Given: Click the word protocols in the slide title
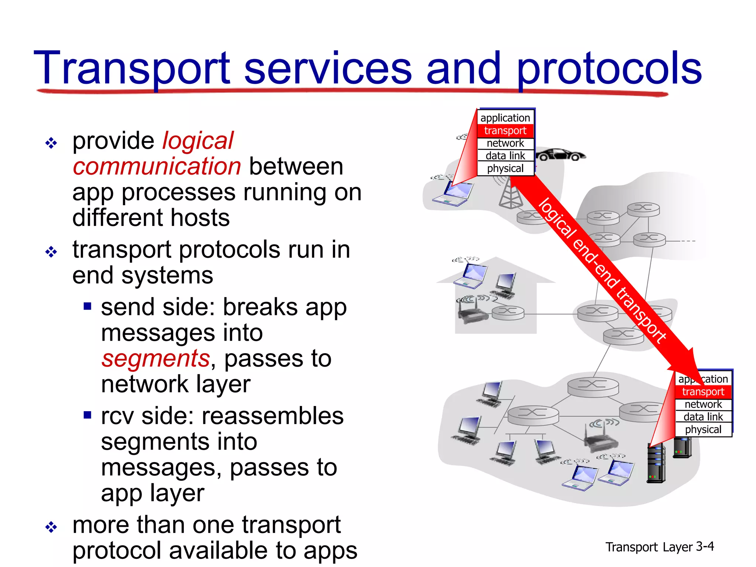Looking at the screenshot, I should [609, 68].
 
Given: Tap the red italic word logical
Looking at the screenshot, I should [198, 141].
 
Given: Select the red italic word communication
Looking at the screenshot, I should [157, 166].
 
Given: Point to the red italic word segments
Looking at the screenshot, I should [155, 358].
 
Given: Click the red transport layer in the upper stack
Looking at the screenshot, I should [505, 131].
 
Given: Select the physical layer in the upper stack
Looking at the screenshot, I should [505, 169].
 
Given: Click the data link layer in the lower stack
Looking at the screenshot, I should [703, 417].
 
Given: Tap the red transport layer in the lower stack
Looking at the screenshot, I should [703, 392].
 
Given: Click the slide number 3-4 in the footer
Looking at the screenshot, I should [705, 546].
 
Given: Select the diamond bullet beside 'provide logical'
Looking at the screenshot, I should [51, 143].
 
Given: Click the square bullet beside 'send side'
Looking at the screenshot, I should [87, 306].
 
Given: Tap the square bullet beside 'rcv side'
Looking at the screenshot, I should [87, 415].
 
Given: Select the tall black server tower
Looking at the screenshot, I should [656, 464].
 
